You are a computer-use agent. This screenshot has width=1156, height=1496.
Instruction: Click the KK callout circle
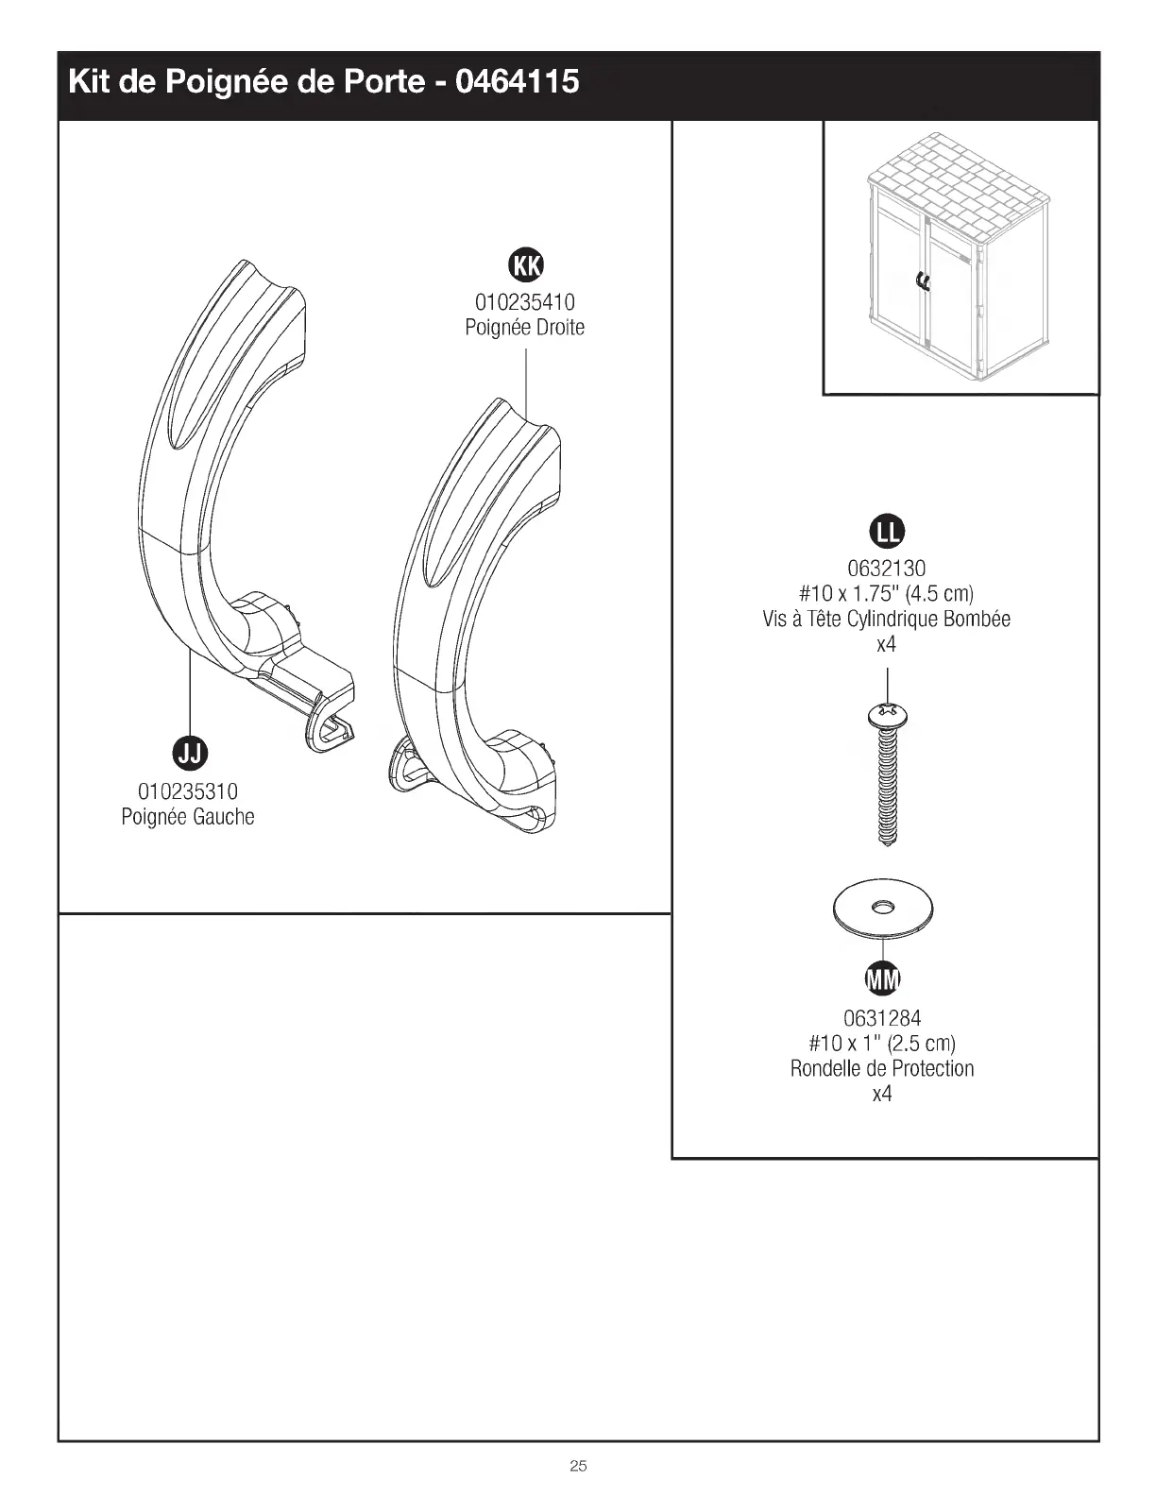pyautogui.click(x=526, y=266)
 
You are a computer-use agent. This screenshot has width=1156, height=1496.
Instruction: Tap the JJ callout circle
pyautogui.click(x=190, y=752)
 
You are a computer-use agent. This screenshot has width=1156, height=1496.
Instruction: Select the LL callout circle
pyautogui.click(x=886, y=533)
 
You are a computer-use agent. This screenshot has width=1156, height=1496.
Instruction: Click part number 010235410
pyautogui.click(x=525, y=302)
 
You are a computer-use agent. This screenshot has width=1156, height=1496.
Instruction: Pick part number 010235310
pyautogui.click(x=188, y=790)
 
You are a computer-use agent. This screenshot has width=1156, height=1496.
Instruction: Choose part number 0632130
pyautogui.click(x=886, y=569)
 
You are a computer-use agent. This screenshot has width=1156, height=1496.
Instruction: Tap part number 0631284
pyautogui.click(x=882, y=1018)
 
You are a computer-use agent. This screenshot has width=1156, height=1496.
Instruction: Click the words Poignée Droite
pyautogui.click(x=525, y=328)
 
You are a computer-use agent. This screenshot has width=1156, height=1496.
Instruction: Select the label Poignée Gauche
pyautogui.click(x=188, y=816)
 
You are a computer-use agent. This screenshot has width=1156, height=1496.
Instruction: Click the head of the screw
pyautogui.click(x=886, y=715)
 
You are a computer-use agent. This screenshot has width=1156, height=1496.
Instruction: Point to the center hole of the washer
pyautogui.click(x=883, y=907)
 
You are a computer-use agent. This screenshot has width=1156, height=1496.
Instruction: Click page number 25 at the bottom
pyautogui.click(x=578, y=1466)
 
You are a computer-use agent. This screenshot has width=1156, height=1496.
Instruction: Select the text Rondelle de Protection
pyautogui.click(x=882, y=1068)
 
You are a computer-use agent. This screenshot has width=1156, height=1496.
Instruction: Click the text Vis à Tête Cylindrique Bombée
pyautogui.click(x=886, y=620)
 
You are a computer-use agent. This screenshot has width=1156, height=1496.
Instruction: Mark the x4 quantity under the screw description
pyautogui.click(x=886, y=645)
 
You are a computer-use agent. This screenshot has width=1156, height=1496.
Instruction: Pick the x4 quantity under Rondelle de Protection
pyautogui.click(x=882, y=1094)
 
